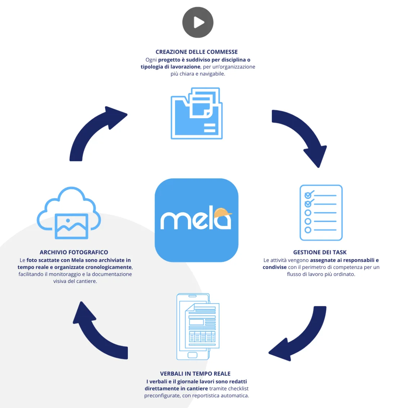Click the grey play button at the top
[x=198, y=22]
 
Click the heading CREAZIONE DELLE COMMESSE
[x=197, y=52]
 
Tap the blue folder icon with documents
[x=196, y=114]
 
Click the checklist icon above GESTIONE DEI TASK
[x=321, y=213]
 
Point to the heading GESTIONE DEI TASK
[x=320, y=252]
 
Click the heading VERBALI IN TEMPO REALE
[x=195, y=374]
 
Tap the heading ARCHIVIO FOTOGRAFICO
[x=74, y=252]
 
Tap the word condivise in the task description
[x=274, y=267]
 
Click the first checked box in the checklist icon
[x=308, y=195]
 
